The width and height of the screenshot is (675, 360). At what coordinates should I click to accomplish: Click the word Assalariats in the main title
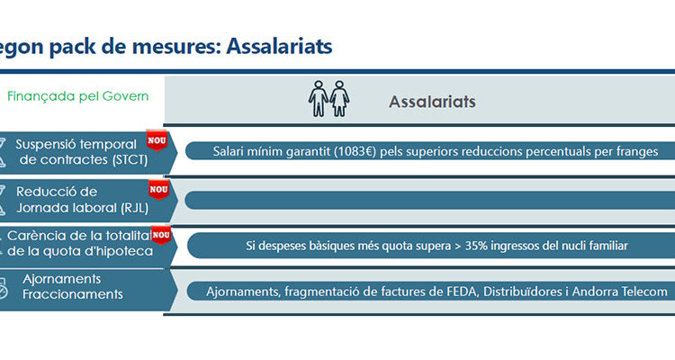tap(279, 46)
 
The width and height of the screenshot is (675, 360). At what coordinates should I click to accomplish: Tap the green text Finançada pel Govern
tap(78, 96)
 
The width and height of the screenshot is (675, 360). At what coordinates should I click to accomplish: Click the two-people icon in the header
tap(328, 99)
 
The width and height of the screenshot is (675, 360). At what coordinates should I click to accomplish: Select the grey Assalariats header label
tap(432, 102)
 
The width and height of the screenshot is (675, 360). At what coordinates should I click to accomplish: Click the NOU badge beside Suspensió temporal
tap(157, 140)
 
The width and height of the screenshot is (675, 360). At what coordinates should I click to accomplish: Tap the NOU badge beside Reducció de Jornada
tap(158, 190)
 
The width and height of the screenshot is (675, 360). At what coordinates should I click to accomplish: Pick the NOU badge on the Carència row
tap(161, 235)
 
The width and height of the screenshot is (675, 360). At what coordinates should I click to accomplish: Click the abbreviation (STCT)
tap(130, 160)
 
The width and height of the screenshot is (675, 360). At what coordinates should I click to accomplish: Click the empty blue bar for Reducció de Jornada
tap(430, 200)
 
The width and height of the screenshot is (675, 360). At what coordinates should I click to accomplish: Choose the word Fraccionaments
tap(73, 294)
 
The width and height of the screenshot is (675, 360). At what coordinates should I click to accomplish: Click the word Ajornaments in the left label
tap(61, 279)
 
